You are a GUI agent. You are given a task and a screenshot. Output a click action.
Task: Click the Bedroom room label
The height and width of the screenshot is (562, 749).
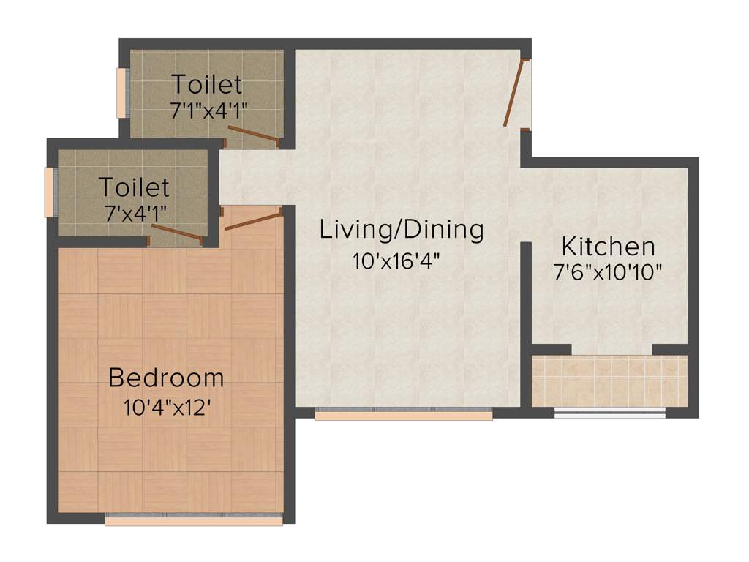(x=166, y=378)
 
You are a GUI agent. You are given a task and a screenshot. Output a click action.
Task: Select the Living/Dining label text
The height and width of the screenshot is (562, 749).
(x=402, y=230)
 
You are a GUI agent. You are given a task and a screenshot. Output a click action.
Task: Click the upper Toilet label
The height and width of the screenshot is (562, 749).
(x=207, y=84)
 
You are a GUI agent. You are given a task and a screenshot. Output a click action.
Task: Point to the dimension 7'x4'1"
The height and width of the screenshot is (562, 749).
(x=136, y=213)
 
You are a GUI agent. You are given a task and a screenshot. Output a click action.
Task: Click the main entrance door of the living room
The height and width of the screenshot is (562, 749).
(x=513, y=93)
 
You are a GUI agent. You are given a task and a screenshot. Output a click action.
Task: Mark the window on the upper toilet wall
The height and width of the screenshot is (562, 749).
(x=121, y=92)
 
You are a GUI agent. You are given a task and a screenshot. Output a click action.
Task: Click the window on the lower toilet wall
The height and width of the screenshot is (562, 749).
(x=49, y=192)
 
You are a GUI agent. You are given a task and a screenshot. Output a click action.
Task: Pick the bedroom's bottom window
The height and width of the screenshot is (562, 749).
(x=194, y=520)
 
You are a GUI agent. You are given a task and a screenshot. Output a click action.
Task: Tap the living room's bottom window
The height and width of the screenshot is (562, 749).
(x=403, y=415)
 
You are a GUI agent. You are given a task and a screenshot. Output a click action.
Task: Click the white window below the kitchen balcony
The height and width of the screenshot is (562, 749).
(x=609, y=413)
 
